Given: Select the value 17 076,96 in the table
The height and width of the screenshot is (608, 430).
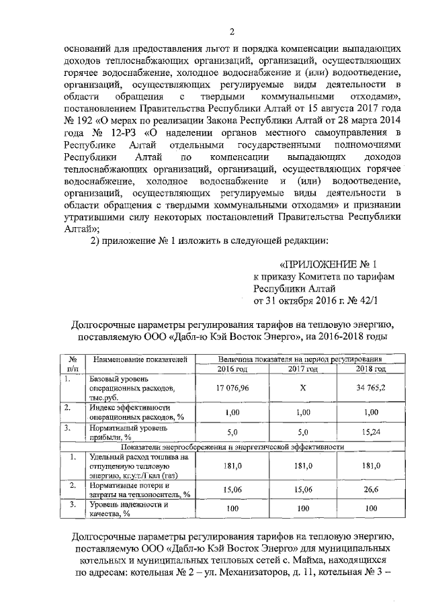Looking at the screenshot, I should tap(232, 388).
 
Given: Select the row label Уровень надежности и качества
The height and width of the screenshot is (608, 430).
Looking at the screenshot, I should tap(128, 509).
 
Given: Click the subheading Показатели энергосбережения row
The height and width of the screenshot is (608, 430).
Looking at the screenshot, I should tap(232, 445).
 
